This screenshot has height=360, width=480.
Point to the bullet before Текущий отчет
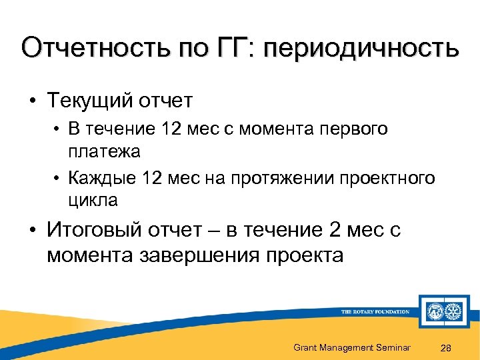click(32, 101)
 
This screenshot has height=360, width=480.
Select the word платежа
click(104, 151)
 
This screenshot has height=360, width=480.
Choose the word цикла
click(93, 200)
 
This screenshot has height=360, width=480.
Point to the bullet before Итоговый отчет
click(32, 231)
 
